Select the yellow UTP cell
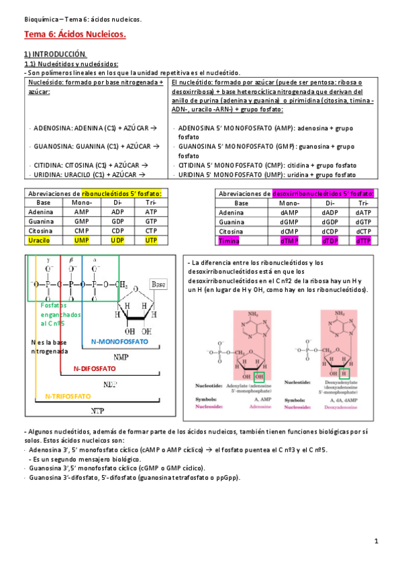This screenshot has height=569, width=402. point(151,240)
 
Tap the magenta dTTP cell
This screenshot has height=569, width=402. point(363,240)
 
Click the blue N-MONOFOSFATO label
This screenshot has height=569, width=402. point(119,341)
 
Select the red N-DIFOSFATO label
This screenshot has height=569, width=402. point(95,368)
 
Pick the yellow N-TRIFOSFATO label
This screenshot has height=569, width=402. point(68,396)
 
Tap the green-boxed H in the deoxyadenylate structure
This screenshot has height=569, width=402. point(344,372)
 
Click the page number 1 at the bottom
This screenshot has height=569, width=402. point(376,541)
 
